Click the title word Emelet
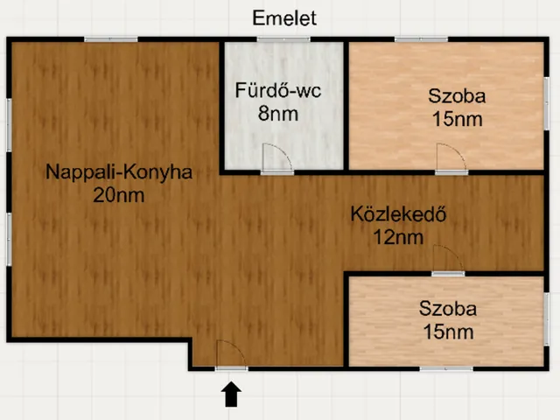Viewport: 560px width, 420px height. coord(283,17)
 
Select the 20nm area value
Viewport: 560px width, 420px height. coord(119,195)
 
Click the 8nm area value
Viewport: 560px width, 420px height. coord(279,113)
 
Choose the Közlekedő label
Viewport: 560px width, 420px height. coord(399,213)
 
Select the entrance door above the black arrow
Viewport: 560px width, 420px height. coord(231,354)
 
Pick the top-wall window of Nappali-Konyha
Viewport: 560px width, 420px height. coord(111,39)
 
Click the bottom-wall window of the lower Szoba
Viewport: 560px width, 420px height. coord(446,367)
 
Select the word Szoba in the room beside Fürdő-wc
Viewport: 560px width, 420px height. coord(457,95)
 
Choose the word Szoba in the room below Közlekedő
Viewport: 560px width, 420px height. coord(447,308)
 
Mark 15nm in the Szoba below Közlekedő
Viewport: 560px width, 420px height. coord(447,332)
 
